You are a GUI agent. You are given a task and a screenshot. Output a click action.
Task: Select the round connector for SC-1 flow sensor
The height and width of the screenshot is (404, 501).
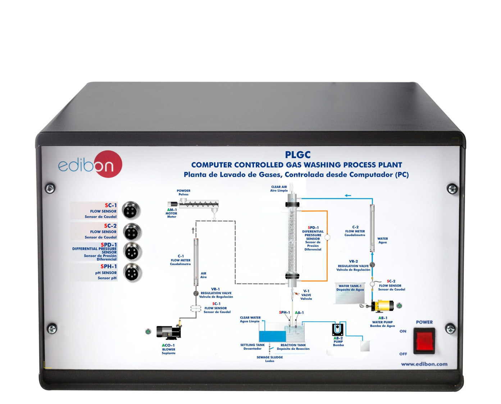pyautogui.click(x=130, y=210)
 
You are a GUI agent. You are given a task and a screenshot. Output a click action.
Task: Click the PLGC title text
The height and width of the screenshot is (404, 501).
pyautogui.click(x=297, y=155)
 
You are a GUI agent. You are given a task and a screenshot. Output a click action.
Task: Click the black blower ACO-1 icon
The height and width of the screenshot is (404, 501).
pyautogui.click(x=168, y=333)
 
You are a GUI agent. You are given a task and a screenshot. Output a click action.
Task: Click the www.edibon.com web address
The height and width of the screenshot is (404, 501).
pyautogui.click(x=424, y=364)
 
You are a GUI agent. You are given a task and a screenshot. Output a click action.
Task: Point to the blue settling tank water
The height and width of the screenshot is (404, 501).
pyautogui.click(x=272, y=336)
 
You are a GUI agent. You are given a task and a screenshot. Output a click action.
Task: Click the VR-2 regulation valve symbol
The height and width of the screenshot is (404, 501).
pyautogui.click(x=372, y=265)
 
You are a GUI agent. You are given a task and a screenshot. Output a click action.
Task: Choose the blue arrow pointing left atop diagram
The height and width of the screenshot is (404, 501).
pyautogui.click(x=348, y=196)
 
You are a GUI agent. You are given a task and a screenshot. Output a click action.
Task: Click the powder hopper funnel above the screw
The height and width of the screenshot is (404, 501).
pyautogui.click(x=183, y=200)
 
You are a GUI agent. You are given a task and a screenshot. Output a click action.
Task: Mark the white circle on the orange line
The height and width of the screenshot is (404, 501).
pyautogui.click(x=327, y=237)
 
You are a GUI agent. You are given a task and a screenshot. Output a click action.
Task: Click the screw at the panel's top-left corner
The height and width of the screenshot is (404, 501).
pyautogui.click(x=50, y=188)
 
